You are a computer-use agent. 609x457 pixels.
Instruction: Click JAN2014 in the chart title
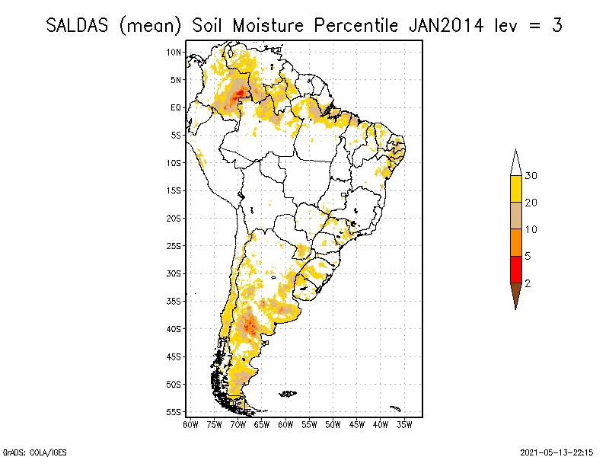(x=447, y=25)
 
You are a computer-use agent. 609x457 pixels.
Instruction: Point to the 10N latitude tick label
(x=174, y=53)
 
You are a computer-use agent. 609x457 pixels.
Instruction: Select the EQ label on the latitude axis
(x=175, y=108)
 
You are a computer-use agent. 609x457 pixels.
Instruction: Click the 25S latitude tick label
(x=174, y=246)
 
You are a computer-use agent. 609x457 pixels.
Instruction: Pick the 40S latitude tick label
(x=174, y=329)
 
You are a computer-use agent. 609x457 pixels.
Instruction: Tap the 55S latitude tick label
(x=174, y=412)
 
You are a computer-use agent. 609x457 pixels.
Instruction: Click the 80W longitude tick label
(x=190, y=423)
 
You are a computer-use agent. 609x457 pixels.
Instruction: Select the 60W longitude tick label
(x=285, y=423)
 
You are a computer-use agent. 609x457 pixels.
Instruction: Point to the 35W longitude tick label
(x=404, y=423)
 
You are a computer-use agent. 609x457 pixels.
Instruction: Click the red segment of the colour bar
(x=515, y=269)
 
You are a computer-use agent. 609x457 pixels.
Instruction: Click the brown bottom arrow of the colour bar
(x=515, y=295)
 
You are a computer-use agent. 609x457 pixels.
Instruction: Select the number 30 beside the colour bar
(x=531, y=176)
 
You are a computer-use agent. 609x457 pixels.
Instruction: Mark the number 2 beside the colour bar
(x=528, y=283)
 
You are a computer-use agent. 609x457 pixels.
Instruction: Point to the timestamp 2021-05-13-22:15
(x=556, y=452)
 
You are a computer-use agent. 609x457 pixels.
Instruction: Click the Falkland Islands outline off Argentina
(x=287, y=394)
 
